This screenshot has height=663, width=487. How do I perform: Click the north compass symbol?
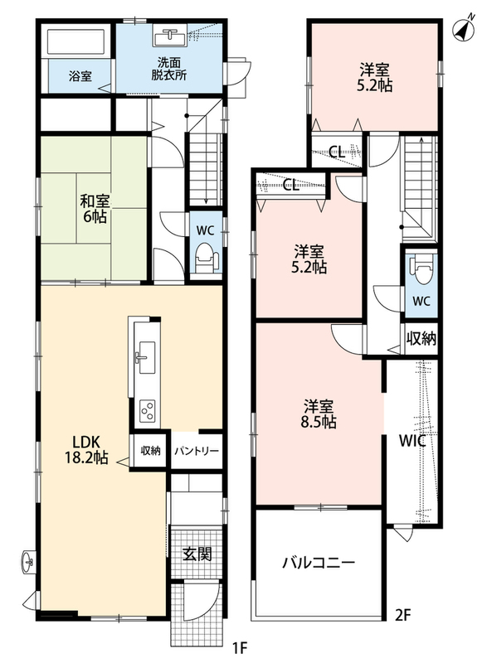[463, 29]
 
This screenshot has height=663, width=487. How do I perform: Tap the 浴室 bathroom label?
[80, 76]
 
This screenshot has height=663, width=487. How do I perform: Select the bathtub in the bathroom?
[75, 42]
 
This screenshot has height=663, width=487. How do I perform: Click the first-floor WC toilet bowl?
[206, 258]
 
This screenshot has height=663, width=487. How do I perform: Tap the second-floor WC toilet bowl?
[421, 269]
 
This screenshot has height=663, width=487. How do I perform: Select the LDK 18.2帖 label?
[86, 449]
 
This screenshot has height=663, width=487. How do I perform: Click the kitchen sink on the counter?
[145, 358]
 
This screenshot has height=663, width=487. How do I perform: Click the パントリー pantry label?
[197, 451]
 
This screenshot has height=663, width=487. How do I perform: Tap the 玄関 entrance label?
[197, 554]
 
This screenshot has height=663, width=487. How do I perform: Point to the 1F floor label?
[239, 647]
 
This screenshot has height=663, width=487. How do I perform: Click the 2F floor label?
[403, 615]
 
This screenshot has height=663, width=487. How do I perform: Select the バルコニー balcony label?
[319, 563]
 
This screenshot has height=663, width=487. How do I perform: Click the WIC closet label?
[412, 441]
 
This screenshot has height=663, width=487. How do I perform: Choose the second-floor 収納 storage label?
[421, 338]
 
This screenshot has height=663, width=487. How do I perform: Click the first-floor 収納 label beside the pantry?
[150, 451]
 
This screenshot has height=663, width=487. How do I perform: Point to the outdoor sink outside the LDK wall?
[28, 562]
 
